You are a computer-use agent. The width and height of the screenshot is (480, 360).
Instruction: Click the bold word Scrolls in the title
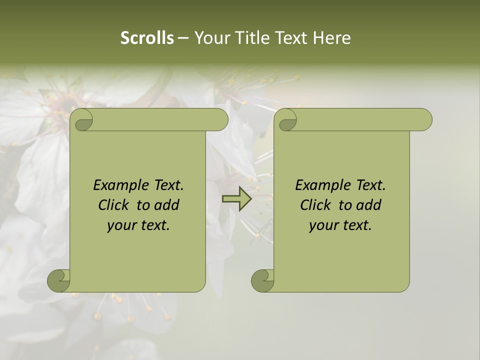pyautogui.click(x=147, y=38)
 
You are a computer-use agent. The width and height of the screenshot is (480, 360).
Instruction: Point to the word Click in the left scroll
pyautogui.click(x=113, y=205)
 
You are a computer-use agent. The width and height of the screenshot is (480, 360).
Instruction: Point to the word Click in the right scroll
pyautogui.click(x=315, y=205)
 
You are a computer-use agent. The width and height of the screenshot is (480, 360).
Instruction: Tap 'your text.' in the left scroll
pyautogui.click(x=138, y=225)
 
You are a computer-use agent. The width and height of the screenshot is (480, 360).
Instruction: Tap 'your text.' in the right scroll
pyautogui.click(x=340, y=225)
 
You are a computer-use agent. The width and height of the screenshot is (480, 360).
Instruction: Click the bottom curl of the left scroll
pyautogui.click(x=59, y=280)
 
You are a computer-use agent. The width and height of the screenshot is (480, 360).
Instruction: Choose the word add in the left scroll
pyautogui.click(x=167, y=205)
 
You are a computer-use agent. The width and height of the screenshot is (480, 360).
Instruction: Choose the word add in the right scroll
pyautogui.click(x=369, y=205)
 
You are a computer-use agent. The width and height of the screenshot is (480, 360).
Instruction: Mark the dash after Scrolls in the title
pyautogui.click(x=183, y=38)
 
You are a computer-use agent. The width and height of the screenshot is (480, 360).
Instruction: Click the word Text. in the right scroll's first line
pyautogui.click(x=370, y=185)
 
